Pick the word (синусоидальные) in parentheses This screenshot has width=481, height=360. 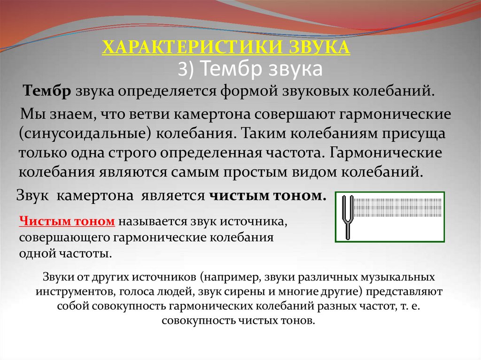(x=85, y=133)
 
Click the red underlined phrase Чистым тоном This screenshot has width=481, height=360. (x=67, y=221)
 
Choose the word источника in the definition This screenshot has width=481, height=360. (x=258, y=221)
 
